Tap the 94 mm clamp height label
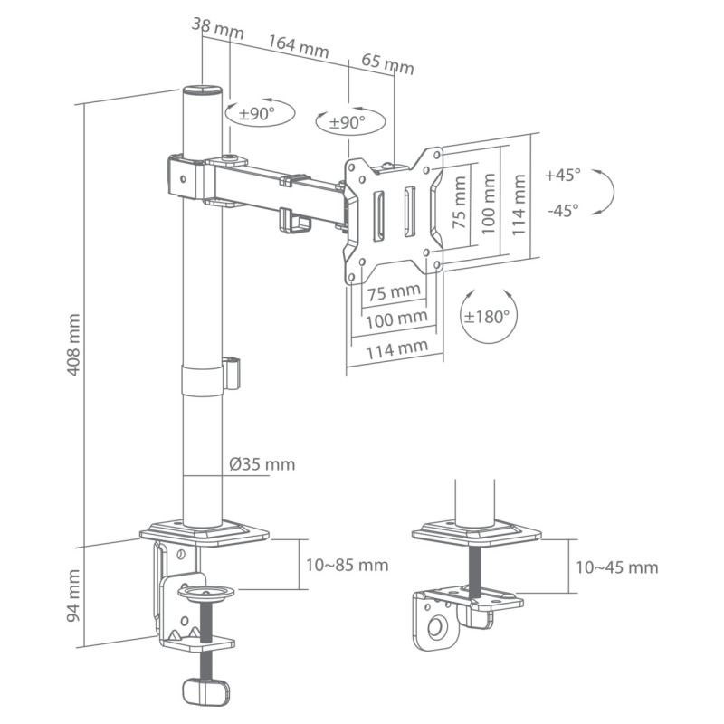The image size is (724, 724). coord(74,595)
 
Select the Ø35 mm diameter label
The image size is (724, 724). coord(262,464)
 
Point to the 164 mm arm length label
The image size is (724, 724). coord(298,46)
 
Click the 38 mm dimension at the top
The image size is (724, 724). coord(218,28)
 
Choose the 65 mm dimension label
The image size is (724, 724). coord(387,64)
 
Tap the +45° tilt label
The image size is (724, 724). coord(563,174)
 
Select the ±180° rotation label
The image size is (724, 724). coord(487,317)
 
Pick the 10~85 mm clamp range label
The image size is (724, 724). coord(347,565)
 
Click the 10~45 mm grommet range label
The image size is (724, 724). coord(616,567)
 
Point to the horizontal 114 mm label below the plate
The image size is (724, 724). coord(395,347)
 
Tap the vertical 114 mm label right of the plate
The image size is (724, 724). coord(519,205)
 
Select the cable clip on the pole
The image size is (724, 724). coord(232,373)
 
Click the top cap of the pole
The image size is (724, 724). coord(203,90)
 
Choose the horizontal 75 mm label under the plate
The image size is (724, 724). coord(395,291)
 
